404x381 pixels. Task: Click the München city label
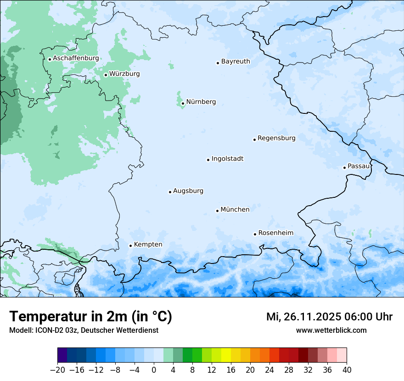235,210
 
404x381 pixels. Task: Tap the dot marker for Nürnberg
183,103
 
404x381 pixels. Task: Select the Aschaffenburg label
76,58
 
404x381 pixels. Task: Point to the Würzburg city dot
106,75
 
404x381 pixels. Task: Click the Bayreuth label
236,62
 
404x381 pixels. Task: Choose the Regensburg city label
276,138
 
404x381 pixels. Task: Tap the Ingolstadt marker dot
208,160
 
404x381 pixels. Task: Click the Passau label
359,166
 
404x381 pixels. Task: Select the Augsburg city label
188,191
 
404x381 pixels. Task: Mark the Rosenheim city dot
255,234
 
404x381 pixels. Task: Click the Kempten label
148,245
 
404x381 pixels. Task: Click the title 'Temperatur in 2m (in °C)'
90,317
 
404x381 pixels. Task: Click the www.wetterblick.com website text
331,331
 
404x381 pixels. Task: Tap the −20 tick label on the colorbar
57,370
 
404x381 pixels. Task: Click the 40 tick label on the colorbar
347,370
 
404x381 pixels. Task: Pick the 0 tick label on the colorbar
154,370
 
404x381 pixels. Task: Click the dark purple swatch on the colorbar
62,355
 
